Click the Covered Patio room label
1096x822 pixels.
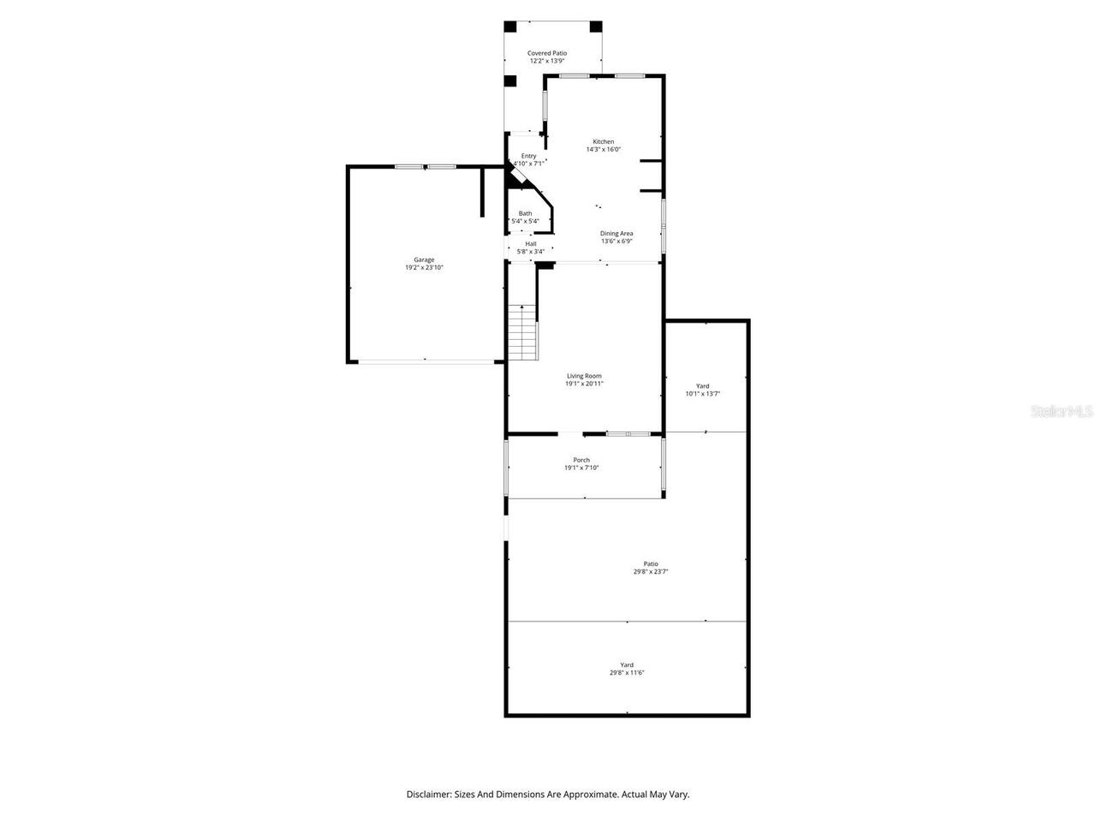pyautogui.click(x=546, y=53)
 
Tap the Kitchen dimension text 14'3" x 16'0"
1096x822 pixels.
pyautogui.click(x=603, y=150)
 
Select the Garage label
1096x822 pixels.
pyautogui.click(x=424, y=259)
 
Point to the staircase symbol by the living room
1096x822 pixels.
pyautogui.click(x=522, y=332)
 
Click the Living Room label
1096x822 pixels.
pyautogui.click(x=584, y=376)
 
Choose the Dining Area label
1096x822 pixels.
pyautogui.click(x=616, y=234)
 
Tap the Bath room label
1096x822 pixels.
pyautogui.click(x=525, y=213)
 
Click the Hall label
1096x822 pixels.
pyautogui.click(x=531, y=244)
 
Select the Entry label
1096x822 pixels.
pyautogui.click(x=528, y=156)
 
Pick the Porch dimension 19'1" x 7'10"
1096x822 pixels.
pyautogui.click(x=581, y=468)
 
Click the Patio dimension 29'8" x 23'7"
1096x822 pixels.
pyautogui.click(x=651, y=572)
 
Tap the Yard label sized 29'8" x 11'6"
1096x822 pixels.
pyautogui.click(x=627, y=665)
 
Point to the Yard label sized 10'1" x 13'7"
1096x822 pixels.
pyautogui.click(x=702, y=386)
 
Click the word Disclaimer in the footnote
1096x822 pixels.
pyautogui.click(x=428, y=795)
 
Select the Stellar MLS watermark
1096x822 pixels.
pyautogui.click(x=1062, y=412)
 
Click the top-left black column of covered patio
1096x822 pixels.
pyautogui.click(x=510, y=26)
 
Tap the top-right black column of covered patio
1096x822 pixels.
pyautogui.click(x=596, y=26)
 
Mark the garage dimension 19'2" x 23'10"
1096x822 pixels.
pyautogui.click(x=424, y=268)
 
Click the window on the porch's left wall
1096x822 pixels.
pyautogui.click(x=506, y=468)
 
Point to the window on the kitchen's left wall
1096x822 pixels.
pyautogui.click(x=545, y=105)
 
